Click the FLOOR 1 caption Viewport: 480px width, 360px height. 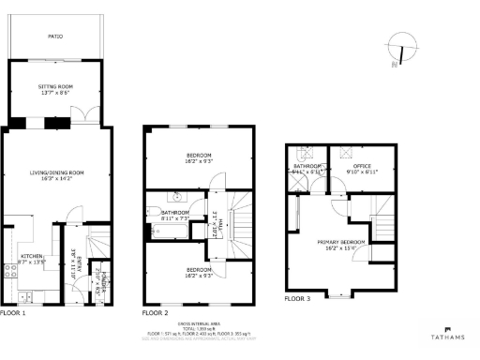pos(13,312)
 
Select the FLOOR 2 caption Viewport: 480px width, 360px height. pos(155,312)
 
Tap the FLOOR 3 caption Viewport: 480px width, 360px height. pos(297,299)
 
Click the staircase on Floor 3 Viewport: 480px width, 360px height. pos(382,225)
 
